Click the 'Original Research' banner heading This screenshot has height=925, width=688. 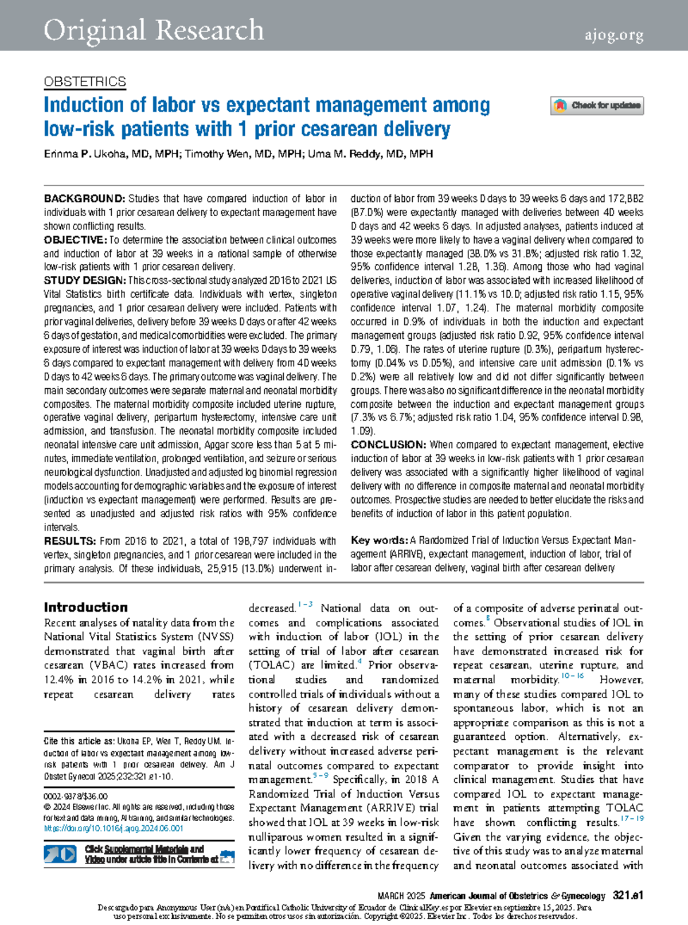[x=154, y=30]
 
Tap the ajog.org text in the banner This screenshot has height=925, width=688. [x=613, y=36]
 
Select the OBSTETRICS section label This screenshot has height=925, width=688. [x=85, y=82]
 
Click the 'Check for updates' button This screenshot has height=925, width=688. [x=597, y=106]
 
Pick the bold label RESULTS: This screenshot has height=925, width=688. [x=70, y=541]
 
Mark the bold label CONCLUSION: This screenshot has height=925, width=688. [x=388, y=444]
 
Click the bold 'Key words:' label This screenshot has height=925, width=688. [x=379, y=540]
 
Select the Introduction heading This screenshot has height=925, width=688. [x=86, y=607]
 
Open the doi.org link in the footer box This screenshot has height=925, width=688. [x=114, y=829]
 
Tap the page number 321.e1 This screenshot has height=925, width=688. [x=628, y=896]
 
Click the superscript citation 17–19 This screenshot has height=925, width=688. [x=632, y=819]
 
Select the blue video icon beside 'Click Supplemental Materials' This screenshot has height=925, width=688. [x=60, y=854]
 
